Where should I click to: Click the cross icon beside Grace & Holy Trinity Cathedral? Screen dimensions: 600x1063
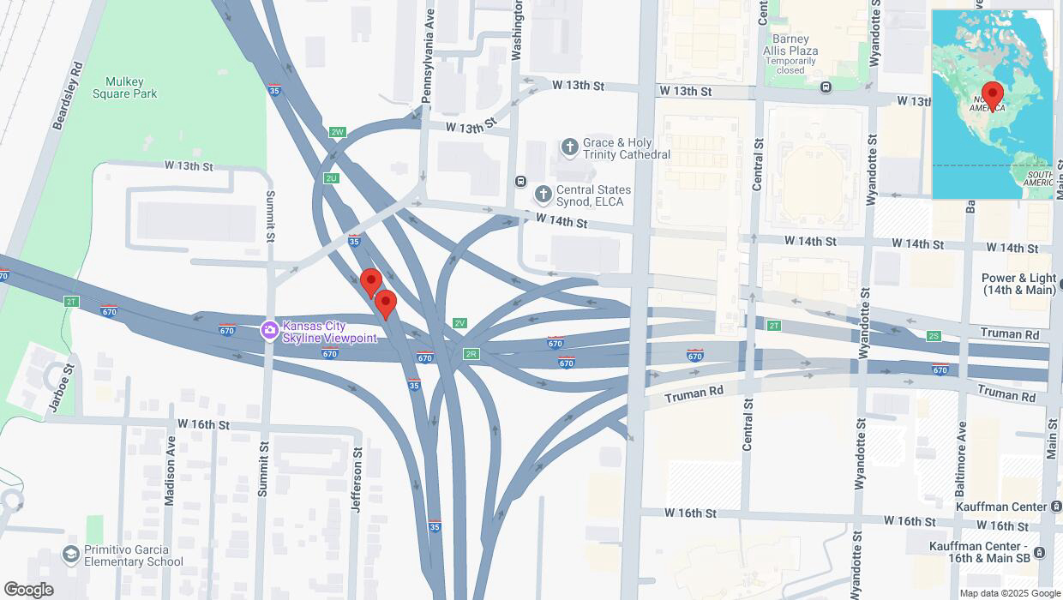(x=568, y=148)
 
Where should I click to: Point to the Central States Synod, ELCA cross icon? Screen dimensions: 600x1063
(x=542, y=195)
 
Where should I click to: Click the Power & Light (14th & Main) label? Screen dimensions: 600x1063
(x=1018, y=284)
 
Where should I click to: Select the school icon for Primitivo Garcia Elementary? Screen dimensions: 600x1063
(x=71, y=555)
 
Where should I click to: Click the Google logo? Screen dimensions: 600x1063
(x=28, y=590)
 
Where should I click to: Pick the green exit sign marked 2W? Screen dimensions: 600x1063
(x=337, y=133)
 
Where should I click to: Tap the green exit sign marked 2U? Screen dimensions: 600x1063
(x=331, y=177)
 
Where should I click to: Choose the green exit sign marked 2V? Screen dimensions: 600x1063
(x=459, y=323)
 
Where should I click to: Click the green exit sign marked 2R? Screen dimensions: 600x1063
(x=471, y=353)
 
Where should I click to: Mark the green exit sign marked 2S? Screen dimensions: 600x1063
(x=934, y=336)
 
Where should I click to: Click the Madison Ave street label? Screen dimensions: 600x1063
(x=170, y=481)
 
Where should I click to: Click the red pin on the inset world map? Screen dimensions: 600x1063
(x=993, y=94)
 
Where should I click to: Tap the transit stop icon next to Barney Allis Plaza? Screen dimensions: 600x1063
(x=826, y=87)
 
